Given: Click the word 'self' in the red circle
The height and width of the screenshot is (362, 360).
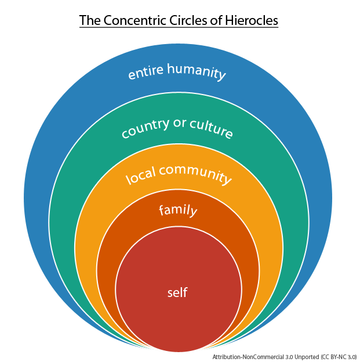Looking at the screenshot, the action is tap(177, 292).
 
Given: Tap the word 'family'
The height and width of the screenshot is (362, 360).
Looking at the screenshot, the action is tap(178, 210).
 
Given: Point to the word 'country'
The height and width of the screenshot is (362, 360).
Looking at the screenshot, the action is tap(145, 127).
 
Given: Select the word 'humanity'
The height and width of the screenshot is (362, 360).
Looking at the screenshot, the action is tap(196, 71).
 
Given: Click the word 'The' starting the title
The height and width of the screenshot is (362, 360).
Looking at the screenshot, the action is tap(89, 21).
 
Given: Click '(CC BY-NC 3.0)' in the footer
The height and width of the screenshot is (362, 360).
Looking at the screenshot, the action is tap(338, 357).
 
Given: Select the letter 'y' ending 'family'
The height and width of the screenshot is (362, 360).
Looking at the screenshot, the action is tap(194, 212).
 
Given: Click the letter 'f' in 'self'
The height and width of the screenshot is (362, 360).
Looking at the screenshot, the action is tap(186, 292).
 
